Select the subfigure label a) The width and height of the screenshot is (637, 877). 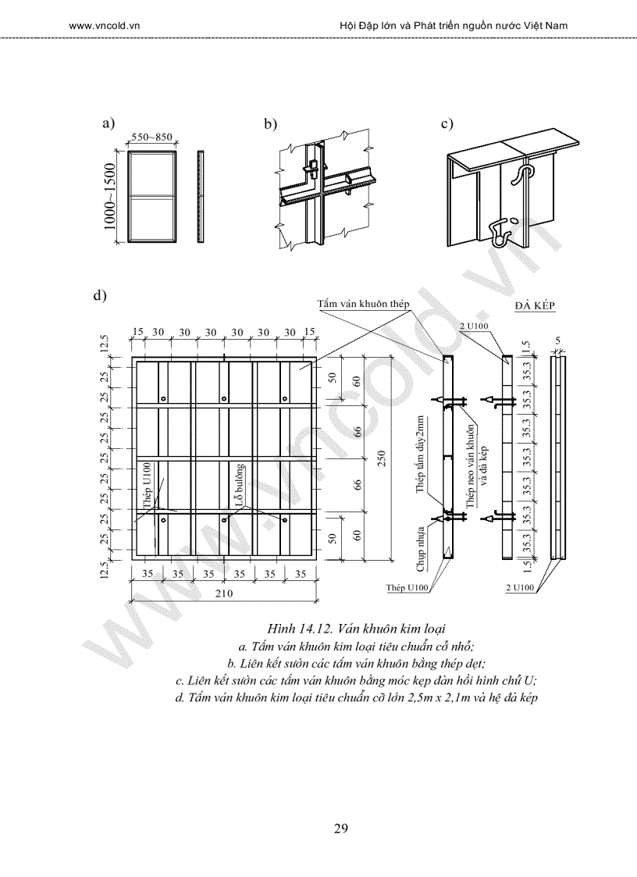coord(109,123)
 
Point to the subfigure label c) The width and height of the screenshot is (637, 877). coord(447,123)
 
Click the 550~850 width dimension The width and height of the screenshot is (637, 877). coord(151,137)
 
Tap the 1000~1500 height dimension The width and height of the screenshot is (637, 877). coord(110,198)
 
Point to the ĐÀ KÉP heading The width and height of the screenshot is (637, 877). coord(535,305)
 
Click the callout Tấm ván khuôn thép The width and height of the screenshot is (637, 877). coord(364,303)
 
